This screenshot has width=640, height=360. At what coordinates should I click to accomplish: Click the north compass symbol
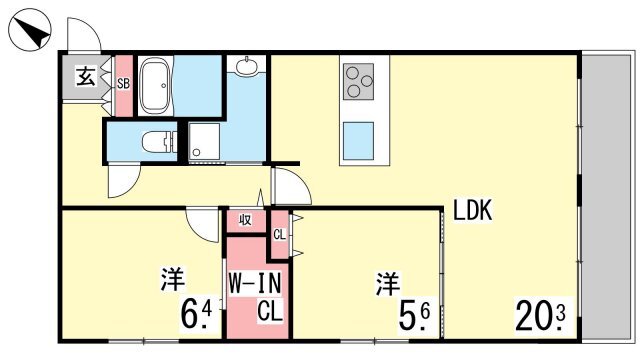(29, 31)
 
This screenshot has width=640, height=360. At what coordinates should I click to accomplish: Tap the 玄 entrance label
(86, 76)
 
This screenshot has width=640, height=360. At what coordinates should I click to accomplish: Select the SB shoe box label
(123, 84)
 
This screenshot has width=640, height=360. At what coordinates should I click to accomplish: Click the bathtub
(155, 85)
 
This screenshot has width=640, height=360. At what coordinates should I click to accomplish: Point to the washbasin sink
(246, 65)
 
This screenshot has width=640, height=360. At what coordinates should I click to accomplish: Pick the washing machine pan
(204, 141)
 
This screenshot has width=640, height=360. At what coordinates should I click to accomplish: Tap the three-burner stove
(358, 81)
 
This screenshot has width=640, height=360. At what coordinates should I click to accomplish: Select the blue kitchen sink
(358, 141)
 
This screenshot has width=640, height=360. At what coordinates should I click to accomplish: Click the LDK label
(473, 210)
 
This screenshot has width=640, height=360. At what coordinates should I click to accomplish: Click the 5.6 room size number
(414, 315)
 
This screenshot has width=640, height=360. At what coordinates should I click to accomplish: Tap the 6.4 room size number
(196, 313)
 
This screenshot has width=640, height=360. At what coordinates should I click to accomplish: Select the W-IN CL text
(256, 297)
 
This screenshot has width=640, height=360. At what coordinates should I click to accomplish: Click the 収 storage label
(245, 220)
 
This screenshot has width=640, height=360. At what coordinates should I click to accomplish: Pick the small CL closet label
(280, 234)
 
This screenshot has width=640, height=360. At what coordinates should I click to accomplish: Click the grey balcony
(606, 197)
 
